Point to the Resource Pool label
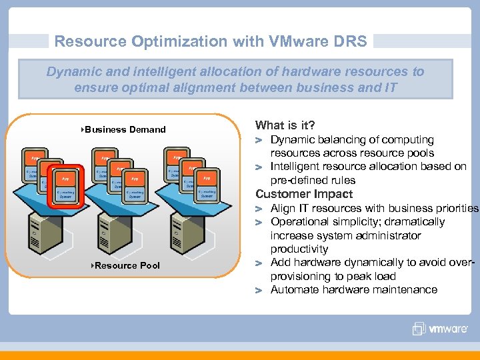coord(127,265)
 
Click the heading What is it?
coord(285,125)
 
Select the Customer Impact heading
coord(304,194)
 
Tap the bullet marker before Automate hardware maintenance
coord(261,290)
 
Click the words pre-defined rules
coord(313,180)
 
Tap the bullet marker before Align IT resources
coord(261,209)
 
